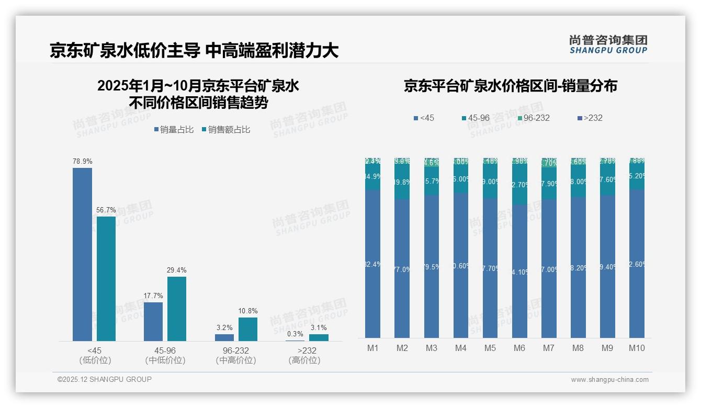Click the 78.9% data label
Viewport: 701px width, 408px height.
(x=82, y=162)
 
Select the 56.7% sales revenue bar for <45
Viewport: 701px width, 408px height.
(x=106, y=278)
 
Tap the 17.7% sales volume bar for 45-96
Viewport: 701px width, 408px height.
(x=153, y=321)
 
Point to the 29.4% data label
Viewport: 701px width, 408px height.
(x=177, y=270)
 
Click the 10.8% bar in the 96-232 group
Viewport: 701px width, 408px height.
(x=248, y=329)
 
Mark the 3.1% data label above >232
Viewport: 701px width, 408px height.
(x=319, y=328)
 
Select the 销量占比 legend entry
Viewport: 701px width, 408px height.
(x=173, y=130)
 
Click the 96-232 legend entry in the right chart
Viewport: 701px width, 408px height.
(x=533, y=118)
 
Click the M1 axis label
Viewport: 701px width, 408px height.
(x=372, y=348)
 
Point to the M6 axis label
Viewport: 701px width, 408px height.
(x=519, y=348)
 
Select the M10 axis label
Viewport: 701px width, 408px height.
(x=636, y=348)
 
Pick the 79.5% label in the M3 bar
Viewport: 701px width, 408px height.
(x=431, y=267)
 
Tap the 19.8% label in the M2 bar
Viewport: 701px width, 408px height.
(x=402, y=183)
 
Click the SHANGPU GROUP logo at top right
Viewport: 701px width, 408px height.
(x=608, y=44)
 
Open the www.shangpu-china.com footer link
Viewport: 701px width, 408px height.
(x=609, y=380)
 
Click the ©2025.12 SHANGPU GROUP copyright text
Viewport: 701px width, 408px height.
(x=105, y=379)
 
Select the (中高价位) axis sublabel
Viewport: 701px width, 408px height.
(x=235, y=360)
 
